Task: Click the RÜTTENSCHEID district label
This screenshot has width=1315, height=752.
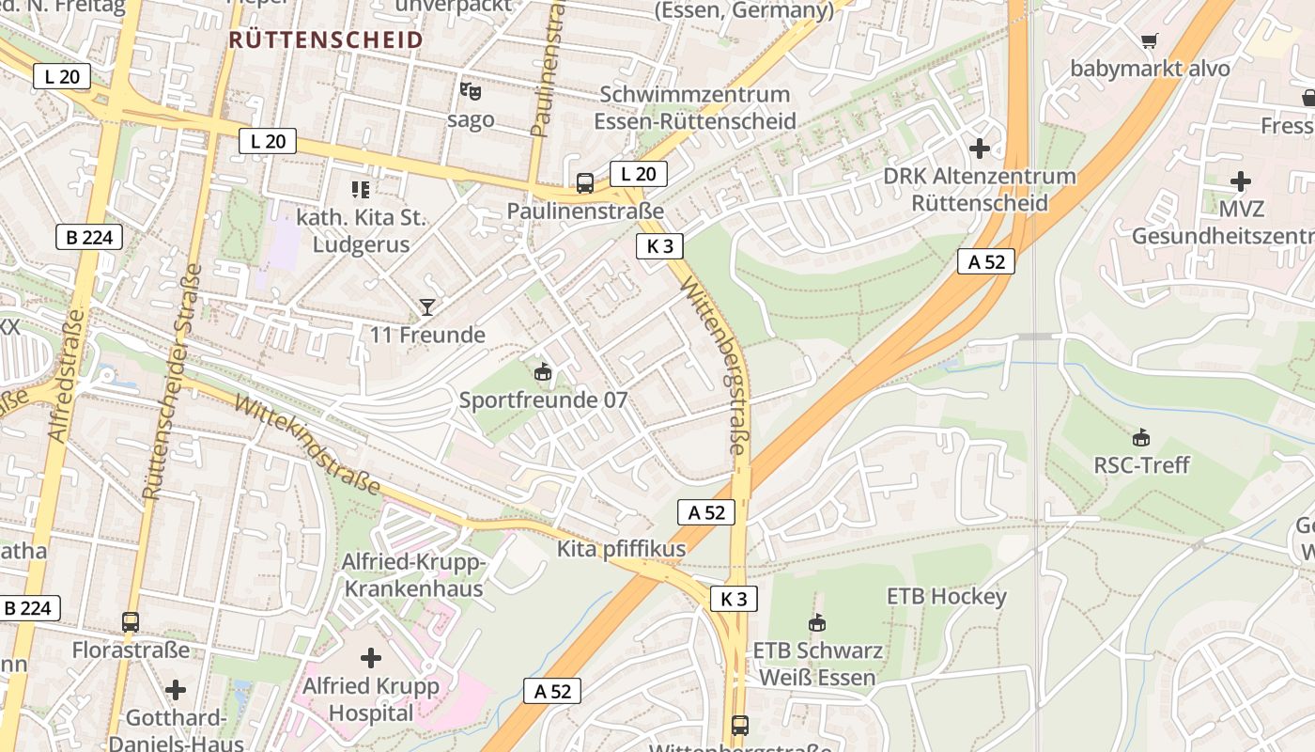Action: click(326, 39)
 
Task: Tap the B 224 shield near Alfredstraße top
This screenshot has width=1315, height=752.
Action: click(89, 237)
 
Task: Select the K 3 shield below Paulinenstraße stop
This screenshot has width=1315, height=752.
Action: click(659, 246)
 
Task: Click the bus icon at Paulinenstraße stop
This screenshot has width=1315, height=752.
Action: click(585, 182)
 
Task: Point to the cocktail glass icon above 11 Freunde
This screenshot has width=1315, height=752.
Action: click(427, 306)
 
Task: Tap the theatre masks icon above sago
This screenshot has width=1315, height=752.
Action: click(471, 91)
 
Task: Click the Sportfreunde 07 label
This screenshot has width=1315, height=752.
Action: click(543, 399)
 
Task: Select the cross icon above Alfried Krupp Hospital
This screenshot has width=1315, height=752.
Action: click(371, 657)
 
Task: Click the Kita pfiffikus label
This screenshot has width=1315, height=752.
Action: click(621, 549)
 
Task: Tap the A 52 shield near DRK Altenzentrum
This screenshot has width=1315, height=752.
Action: click(986, 261)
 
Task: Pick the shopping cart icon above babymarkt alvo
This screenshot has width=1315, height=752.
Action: click(1149, 40)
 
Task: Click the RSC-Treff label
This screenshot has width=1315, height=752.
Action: click(1141, 464)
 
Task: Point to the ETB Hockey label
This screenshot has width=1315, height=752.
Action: click(946, 596)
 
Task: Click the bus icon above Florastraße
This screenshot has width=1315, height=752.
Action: click(131, 621)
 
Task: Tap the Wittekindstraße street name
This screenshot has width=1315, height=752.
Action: click(306, 445)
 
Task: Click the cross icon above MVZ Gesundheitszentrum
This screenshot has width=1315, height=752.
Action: click(1240, 181)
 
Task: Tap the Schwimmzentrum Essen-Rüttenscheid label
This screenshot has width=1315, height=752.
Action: click(695, 107)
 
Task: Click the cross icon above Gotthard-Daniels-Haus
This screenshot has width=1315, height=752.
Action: click(176, 691)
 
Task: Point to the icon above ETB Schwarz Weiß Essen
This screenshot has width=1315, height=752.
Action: click(817, 622)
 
